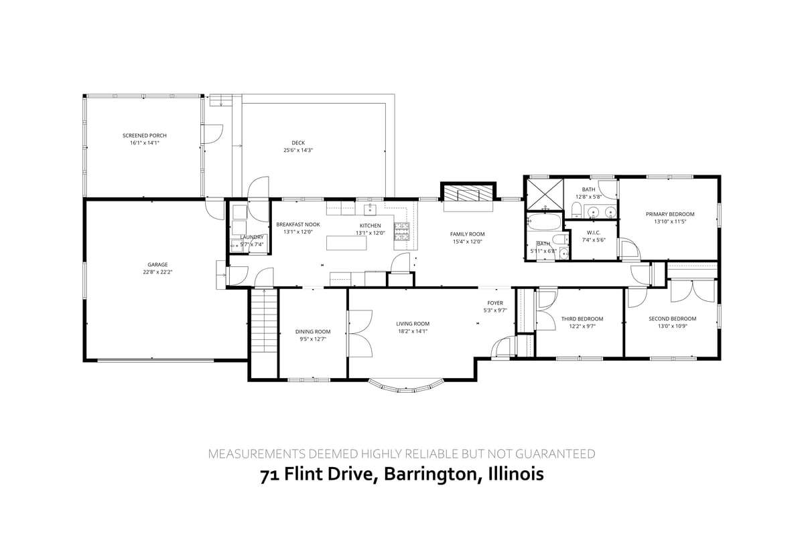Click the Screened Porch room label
pyautogui.click(x=144, y=136)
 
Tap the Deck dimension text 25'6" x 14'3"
pyautogui.click(x=298, y=151)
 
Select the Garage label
pyautogui.click(x=158, y=264)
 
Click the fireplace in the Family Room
pyautogui.click(x=468, y=194)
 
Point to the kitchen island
pyautogui.click(x=347, y=242)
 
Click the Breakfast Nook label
pyautogui.click(x=298, y=225)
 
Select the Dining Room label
pyautogui.click(x=313, y=331)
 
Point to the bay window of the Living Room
pyautogui.click(x=407, y=386)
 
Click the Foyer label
pyautogui.click(x=494, y=303)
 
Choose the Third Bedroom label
pyautogui.click(x=582, y=319)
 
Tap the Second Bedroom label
pyautogui.click(x=672, y=319)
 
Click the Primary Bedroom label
pyautogui.click(x=670, y=214)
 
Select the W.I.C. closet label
pyautogui.click(x=592, y=232)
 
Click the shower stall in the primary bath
pyautogui.click(x=543, y=194)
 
